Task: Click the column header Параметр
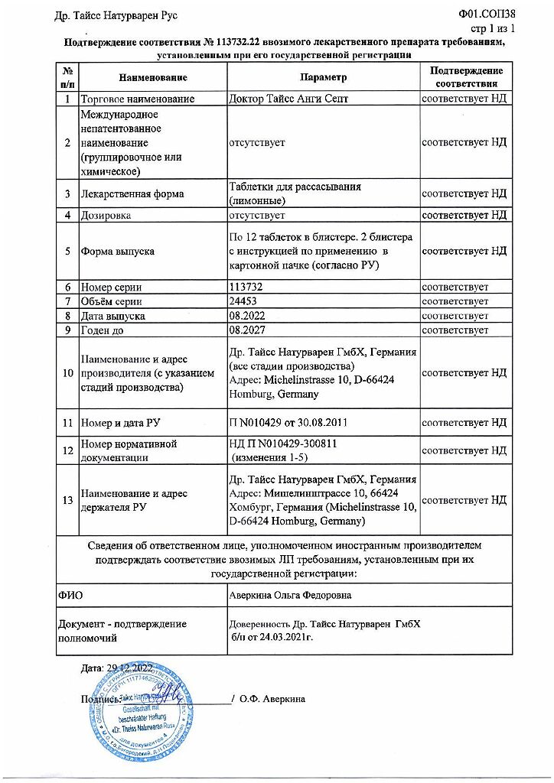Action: [x=323, y=77]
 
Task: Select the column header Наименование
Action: [x=153, y=77]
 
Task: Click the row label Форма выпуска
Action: [x=118, y=252]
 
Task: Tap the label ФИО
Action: [x=70, y=594]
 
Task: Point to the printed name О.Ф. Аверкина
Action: [x=272, y=699]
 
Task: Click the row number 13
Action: [x=67, y=500]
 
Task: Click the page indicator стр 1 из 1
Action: [x=490, y=28]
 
